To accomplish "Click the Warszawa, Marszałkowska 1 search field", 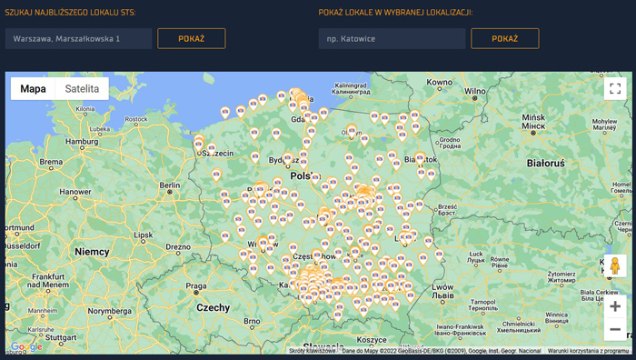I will click(x=78, y=38).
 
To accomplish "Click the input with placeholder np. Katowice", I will click(x=392, y=38).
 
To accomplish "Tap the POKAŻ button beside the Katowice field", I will click(x=505, y=38).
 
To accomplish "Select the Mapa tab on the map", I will click(x=34, y=88).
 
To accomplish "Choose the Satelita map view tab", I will click(x=82, y=88).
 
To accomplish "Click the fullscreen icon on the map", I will click(x=615, y=88).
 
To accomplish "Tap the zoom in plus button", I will click(x=615, y=306).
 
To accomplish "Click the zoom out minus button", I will click(x=615, y=329).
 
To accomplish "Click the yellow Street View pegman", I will click(x=614, y=266).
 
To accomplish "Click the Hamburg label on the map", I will click(x=81, y=141).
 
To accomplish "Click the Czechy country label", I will click(x=214, y=308).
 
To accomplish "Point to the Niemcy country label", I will click(x=92, y=251).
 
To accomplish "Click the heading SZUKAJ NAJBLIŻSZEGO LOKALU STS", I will click(x=70, y=12).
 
